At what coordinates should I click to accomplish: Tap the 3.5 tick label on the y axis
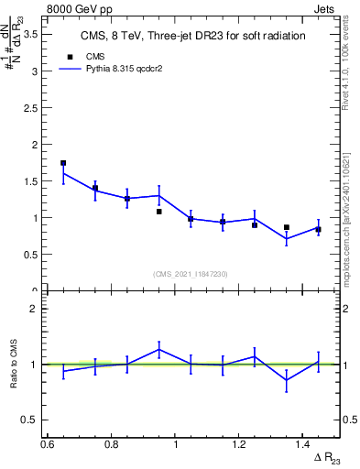(30, 34)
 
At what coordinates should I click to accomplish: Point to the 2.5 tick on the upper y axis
(30, 107)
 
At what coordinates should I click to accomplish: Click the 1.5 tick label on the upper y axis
(30, 181)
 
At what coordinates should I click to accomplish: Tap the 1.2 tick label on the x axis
(240, 444)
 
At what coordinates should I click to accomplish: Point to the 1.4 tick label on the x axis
(303, 444)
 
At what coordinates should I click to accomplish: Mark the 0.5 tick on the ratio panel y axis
(30, 420)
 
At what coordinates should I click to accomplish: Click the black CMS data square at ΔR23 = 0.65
(63, 163)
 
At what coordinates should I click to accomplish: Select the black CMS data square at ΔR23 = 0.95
(159, 212)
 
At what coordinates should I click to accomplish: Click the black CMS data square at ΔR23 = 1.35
(287, 227)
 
